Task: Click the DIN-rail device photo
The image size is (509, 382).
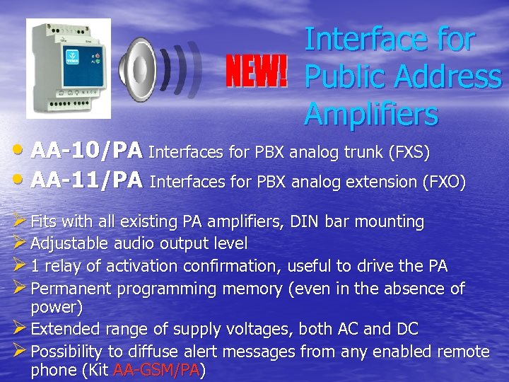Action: tap(69, 68)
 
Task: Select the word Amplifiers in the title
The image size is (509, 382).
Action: tap(371, 113)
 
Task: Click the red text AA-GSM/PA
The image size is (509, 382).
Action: tap(157, 370)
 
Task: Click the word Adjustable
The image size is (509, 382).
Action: tap(68, 244)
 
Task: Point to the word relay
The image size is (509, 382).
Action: tap(64, 266)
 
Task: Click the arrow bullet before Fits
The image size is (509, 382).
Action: tap(19, 221)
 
